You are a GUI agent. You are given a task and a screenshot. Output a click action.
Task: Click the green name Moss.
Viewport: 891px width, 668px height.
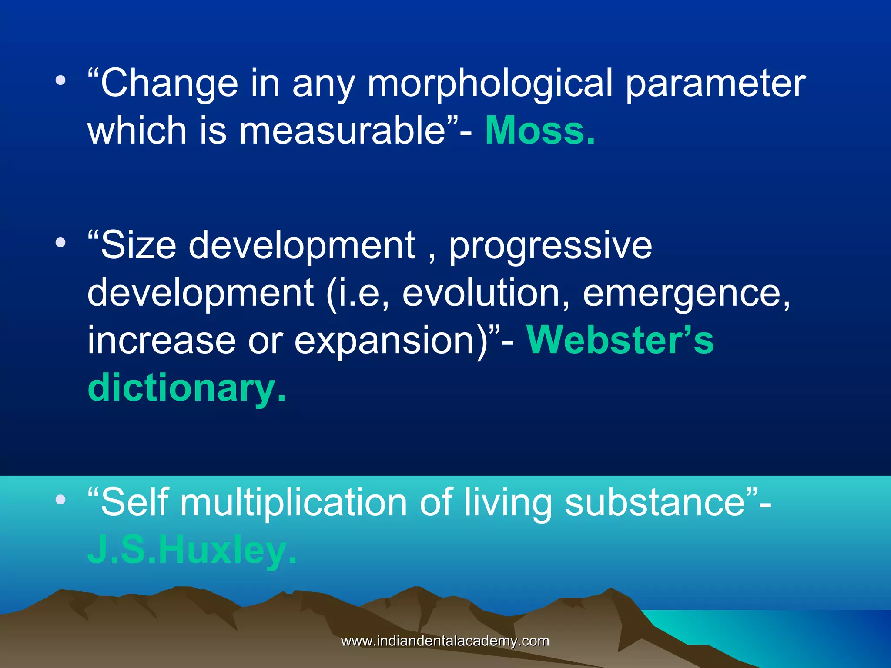(539, 130)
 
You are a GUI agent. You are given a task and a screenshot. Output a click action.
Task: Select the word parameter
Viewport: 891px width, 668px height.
(716, 83)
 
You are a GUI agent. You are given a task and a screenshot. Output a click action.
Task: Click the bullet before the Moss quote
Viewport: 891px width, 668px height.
(60, 80)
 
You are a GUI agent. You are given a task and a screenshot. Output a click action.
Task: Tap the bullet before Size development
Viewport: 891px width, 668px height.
(60, 242)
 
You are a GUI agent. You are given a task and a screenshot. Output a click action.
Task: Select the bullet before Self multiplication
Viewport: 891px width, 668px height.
(60, 499)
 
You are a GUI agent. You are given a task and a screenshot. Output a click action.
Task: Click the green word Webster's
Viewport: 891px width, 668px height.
(620, 340)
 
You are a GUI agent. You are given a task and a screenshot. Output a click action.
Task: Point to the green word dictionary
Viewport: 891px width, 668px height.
(186, 388)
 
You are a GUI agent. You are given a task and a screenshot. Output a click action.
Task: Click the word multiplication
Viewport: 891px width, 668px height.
(294, 503)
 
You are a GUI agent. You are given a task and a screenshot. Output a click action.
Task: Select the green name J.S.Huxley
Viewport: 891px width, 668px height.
(191, 551)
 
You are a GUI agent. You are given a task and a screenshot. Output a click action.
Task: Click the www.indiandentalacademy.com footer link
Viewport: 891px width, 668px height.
(445, 641)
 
